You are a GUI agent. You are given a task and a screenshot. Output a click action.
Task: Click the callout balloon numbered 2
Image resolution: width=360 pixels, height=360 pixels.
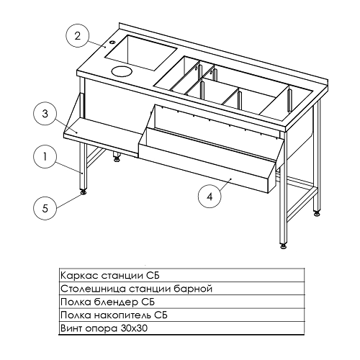tap(77, 37)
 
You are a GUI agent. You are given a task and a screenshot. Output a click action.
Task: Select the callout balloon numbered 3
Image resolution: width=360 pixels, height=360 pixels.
tap(45, 114)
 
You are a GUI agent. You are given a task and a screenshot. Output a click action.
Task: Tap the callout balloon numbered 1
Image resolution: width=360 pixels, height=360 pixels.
tap(45, 157)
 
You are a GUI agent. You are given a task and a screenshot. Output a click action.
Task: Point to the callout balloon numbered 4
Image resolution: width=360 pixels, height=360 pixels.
tap(210, 197)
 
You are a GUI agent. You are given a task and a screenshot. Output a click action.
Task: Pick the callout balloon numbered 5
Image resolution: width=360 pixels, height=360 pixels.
tap(45, 208)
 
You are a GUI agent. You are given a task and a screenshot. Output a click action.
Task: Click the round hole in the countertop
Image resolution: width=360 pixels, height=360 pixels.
tap(122, 71)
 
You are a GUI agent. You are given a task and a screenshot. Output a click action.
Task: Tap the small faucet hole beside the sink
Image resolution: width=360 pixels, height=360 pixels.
tap(112, 42)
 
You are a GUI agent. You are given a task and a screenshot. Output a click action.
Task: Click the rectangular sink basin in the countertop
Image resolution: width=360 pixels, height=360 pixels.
tap(140, 53)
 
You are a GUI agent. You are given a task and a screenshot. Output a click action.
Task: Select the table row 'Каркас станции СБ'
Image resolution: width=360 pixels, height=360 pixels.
tap(181, 276)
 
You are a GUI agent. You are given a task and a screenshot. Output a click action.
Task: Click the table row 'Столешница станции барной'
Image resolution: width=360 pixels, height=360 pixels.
tap(181, 289)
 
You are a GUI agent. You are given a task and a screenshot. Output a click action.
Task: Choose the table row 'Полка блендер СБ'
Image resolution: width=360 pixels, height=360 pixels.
tap(181, 302)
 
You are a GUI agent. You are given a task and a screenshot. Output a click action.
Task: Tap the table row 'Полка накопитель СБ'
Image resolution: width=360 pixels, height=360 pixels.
tap(181, 315)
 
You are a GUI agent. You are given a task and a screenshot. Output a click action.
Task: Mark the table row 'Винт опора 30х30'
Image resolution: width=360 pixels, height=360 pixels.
tap(181, 328)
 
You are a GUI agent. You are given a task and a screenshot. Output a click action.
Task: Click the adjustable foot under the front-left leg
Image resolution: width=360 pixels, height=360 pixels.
tap(84, 192)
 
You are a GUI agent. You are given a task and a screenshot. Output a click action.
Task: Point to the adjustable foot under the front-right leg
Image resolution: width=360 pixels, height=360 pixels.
tap(284, 246)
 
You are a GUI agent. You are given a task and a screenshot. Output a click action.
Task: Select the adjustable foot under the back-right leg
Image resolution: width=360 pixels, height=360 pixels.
tap(317, 213)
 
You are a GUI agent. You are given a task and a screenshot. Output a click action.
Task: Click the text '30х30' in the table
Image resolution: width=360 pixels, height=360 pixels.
tap(134, 328)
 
